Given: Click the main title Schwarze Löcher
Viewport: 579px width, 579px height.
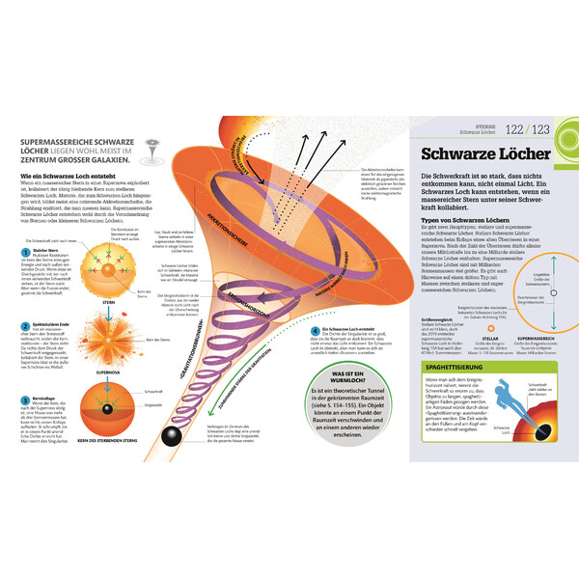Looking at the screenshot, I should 484,155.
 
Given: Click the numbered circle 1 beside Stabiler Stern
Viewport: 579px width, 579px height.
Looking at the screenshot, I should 24,251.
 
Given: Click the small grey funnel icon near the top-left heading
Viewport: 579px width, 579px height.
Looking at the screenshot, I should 152,146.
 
